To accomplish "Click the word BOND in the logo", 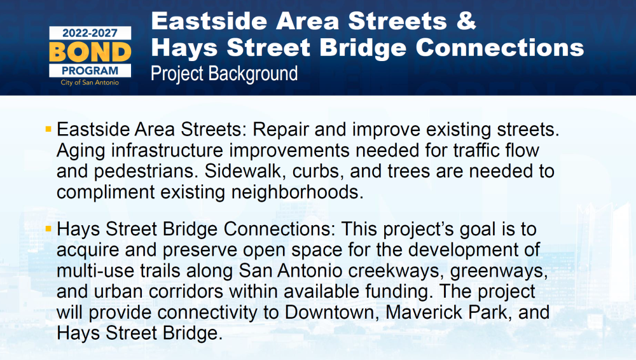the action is coord(90,52).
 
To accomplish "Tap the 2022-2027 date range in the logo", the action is coord(90,33).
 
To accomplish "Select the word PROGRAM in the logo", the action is coord(90,71).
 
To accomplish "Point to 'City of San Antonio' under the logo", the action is coord(90,83).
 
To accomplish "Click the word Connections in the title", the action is coord(500,48).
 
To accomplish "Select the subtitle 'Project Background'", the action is coord(225,74).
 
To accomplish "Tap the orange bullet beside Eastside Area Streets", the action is coord(49,130).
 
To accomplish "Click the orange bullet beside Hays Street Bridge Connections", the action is coord(49,229).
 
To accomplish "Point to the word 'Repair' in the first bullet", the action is coord(280,130).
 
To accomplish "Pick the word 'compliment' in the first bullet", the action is coord(106,192).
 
